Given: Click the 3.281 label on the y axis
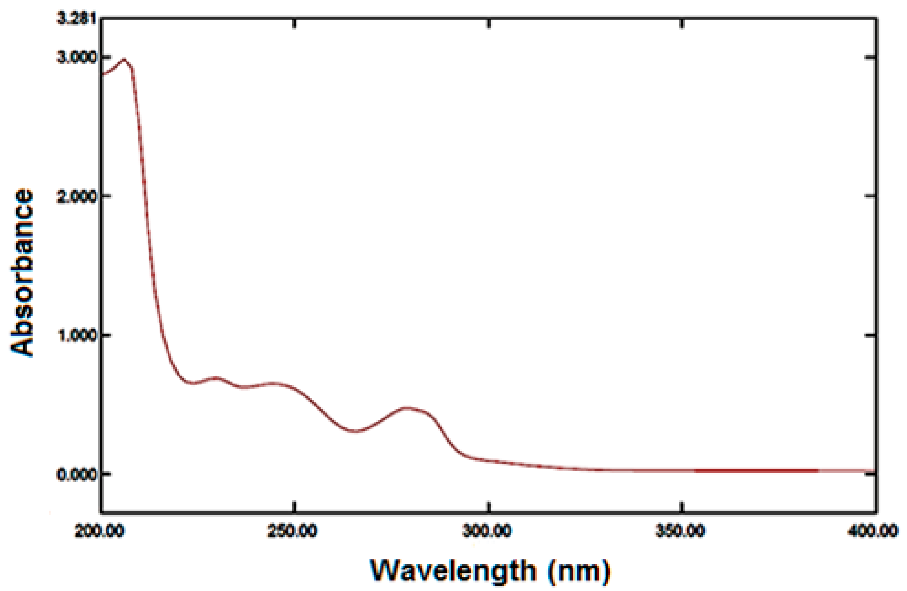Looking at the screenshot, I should click(77, 18).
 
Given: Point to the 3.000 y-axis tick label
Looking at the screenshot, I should click(77, 57).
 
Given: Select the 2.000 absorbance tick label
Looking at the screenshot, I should click(77, 196).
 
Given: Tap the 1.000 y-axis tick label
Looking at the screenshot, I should click(77, 335).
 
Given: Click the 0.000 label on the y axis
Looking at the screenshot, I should click(77, 475).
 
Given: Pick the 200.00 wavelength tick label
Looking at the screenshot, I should click(99, 531).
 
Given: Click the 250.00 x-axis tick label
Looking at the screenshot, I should click(293, 531).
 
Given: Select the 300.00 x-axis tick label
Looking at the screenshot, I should click(487, 531).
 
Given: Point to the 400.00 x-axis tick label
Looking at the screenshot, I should click(873, 531).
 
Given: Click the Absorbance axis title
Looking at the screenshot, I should click(22, 272).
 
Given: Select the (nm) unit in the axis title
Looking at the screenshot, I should click(579, 570).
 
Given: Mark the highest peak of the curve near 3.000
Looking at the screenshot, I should click(123, 60).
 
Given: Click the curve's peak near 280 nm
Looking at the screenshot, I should click(407, 408).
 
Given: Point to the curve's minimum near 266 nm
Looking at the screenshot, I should click(355, 431).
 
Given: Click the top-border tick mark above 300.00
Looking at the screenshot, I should click(489, 24).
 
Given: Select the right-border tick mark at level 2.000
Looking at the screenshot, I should click(870, 196).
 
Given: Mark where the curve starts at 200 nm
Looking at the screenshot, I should click(103, 74).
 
